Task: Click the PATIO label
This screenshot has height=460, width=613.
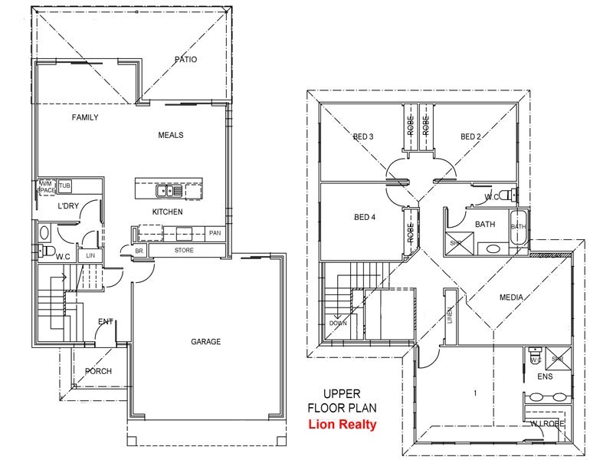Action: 186,59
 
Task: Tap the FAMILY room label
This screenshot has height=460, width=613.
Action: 84,117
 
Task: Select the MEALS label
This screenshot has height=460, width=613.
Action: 170,135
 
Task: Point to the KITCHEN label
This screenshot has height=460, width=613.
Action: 167,211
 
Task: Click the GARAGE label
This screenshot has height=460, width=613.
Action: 205,342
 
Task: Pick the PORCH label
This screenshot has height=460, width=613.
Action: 98,372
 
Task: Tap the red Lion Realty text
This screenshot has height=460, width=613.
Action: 342,425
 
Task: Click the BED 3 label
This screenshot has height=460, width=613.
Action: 362,137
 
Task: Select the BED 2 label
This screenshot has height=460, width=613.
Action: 470,137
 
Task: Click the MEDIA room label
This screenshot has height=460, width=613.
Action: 511,297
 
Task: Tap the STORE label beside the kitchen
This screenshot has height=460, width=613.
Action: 184,251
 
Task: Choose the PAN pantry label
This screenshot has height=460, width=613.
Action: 215,233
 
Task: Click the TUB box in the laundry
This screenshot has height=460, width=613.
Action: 64,186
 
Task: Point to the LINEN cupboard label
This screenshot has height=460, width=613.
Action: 451,314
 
